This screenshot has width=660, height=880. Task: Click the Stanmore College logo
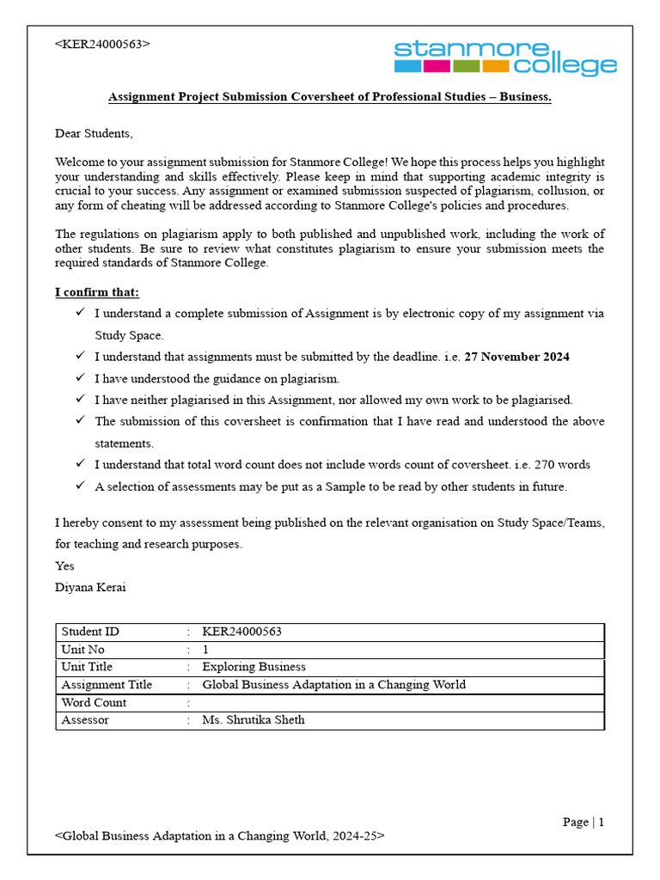tap(505, 57)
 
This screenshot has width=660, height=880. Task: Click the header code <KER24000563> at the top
tap(102, 44)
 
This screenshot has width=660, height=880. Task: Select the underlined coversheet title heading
tap(329, 97)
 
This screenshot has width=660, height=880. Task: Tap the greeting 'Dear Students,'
tap(95, 133)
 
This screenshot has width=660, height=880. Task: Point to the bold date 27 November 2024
tap(516, 357)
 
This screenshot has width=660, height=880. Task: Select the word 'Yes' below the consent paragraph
tap(65, 565)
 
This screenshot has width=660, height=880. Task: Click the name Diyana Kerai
tap(91, 587)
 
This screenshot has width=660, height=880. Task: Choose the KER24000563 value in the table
tap(241, 632)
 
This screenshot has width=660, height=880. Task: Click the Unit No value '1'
tap(205, 650)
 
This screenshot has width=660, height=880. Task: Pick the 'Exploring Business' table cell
tap(254, 667)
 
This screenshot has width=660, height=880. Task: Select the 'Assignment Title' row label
tap(107, 685)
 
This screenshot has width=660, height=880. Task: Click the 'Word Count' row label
tap(94, 702)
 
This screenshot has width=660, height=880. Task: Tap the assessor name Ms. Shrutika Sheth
tap(253, 720)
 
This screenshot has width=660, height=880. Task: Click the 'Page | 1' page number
tap(584, 822)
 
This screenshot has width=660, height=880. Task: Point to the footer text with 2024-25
tap(219, 835)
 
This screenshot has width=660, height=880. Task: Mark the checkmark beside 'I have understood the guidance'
tap(80, 378)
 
